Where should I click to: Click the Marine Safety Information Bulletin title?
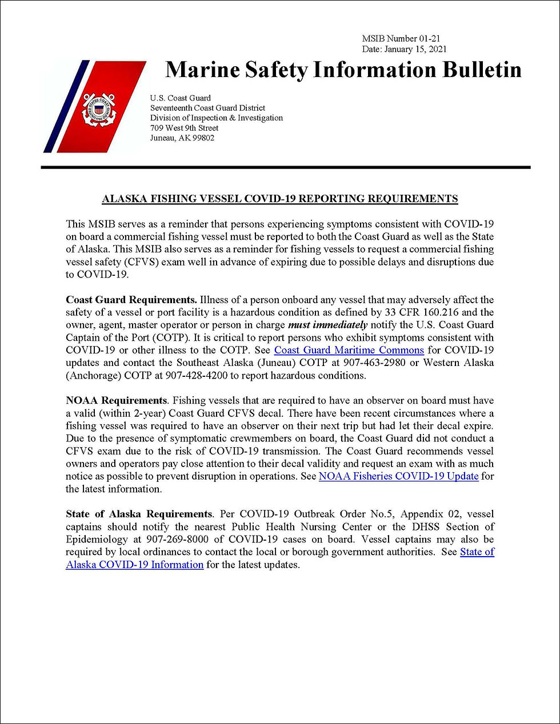point(343,70)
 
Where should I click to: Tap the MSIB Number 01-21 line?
point(401,39)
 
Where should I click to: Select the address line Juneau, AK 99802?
point(182,138)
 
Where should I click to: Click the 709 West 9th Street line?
point(184,128)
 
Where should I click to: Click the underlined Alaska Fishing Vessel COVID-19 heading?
point(279,199)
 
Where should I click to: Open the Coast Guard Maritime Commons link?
point(349,350)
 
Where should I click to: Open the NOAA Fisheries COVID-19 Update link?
point(398,476)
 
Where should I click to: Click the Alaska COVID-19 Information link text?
point(135,564)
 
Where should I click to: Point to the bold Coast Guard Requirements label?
point(131,300)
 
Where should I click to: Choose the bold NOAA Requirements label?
point(116,400)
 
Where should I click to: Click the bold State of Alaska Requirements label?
point(139,514)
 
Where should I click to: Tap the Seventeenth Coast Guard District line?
point(207,108)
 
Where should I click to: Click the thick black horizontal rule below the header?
point(286,167)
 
